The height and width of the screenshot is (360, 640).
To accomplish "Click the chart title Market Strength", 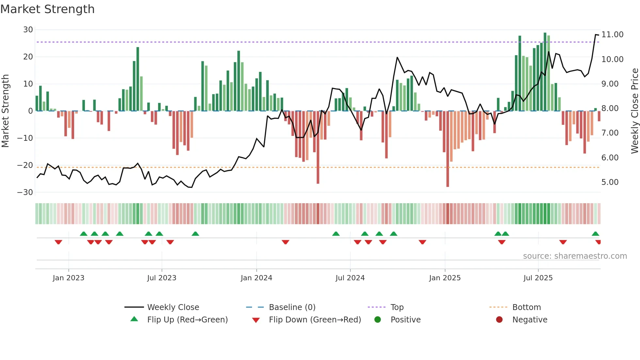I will (x=48, y=9).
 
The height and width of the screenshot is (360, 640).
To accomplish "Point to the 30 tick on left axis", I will (x=28, y=30).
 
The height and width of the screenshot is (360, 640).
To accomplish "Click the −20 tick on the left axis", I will (x=25, y=165).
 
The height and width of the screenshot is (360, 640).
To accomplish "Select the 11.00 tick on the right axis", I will (x=612, y=35).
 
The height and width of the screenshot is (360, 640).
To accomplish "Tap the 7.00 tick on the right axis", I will (x=610, y=133).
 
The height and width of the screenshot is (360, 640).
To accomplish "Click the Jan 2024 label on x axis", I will (x=256, y=278).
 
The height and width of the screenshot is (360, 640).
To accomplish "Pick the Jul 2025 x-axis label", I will (x=538, y=278).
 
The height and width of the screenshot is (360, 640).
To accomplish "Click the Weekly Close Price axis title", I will (x=634, y=111).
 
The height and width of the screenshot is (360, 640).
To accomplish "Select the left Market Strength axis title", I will (x=6, y=111).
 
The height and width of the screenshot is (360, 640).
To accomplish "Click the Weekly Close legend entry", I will (x=173, y=307).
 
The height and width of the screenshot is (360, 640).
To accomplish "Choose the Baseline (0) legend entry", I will (x=292, y=307).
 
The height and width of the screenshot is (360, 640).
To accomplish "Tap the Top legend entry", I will (x=397, y=307).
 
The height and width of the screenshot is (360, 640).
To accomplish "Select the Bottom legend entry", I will (x=526, y=307).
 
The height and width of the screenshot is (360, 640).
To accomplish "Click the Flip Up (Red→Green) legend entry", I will (x=187, y=320).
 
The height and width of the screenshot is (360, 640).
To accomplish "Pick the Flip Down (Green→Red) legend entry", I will (x=315, y=320).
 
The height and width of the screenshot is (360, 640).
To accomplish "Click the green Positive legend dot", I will (x=378, y=320).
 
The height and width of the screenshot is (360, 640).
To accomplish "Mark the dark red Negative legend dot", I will (x=499, y=320).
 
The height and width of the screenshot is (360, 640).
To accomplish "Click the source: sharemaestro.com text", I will (x=575, y=256).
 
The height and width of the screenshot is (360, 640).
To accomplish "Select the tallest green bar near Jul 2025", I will (x=545, y=72).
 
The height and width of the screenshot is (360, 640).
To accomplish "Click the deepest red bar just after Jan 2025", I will (x=448, y=149).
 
